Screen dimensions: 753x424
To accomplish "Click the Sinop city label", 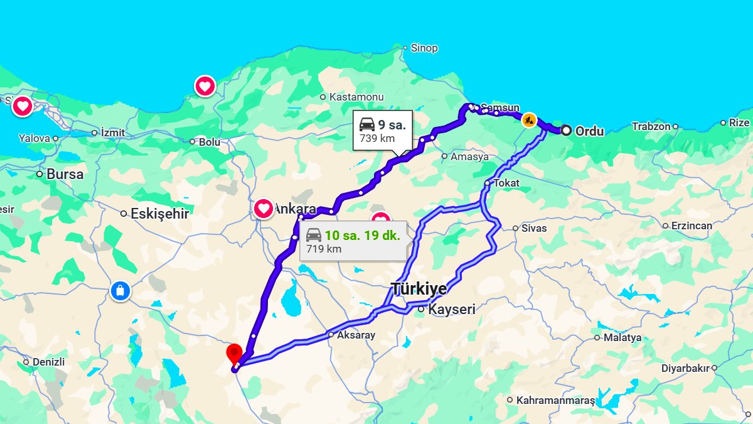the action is [x=424, y=48].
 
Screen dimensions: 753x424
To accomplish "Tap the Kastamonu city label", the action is [x=356, y=97].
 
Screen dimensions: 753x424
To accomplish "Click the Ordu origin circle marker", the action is [x=566, y=131].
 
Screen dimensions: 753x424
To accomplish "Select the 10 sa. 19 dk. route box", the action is [x=353, y=241].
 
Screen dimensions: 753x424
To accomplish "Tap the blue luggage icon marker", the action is [x=120, y=291].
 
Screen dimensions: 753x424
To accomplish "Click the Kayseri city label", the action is [x=451, y=309].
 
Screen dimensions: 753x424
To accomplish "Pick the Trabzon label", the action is [x=651, y=126].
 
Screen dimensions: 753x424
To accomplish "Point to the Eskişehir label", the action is [x=159, y=214].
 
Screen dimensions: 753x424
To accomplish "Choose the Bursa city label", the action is [x=65, y=174].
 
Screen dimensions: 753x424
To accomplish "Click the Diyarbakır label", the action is [x=685, y=368].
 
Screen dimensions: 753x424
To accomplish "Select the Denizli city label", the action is [x=48, y=362].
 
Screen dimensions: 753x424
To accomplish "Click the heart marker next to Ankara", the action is [x=264, y=208].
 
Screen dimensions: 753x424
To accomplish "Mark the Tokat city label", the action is [x=507, y=183].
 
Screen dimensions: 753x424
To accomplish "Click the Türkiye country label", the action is [x=419, y=289].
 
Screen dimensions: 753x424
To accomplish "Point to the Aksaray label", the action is [x=356, y=335].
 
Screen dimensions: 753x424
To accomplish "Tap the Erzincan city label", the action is [x=692, y=226].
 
